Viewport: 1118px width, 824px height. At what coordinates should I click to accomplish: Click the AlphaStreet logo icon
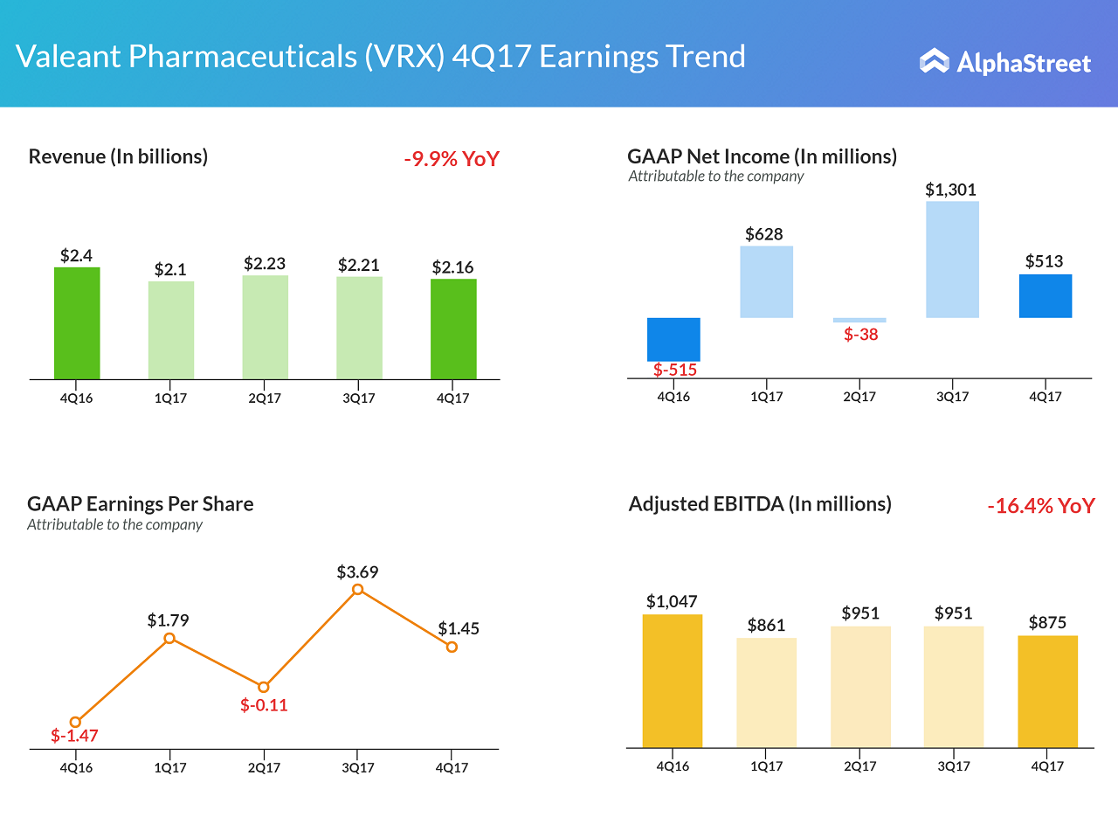935,61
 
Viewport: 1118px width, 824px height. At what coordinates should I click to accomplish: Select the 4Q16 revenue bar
77,323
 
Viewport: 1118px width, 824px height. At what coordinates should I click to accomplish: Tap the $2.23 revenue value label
265,263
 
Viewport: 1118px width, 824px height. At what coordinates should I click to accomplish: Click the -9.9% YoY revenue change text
452,159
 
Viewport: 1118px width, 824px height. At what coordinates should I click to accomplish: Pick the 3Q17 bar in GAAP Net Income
952,260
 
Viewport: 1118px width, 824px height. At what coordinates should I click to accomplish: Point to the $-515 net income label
675,370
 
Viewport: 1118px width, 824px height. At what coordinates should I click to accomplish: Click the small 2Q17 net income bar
859,320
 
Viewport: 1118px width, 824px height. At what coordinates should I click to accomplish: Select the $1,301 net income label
952,190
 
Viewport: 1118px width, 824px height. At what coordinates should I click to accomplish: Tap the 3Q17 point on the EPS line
357,590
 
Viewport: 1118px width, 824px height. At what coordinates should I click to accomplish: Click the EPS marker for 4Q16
76,722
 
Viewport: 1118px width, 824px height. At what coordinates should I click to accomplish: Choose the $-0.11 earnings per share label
264,705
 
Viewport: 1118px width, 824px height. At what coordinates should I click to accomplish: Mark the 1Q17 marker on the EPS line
169,639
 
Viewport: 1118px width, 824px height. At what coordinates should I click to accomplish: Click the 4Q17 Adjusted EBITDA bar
1047,691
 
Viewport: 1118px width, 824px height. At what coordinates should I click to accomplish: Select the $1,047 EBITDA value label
672,601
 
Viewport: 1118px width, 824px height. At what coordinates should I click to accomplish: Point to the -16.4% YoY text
1040,506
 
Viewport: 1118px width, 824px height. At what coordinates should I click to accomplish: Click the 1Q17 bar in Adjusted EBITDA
766,693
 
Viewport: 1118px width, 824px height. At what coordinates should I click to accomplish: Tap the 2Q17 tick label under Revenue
264,398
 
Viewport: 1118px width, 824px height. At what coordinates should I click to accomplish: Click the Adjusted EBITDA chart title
760,504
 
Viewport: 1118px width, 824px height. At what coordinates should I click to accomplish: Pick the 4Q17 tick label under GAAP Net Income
1046,397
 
